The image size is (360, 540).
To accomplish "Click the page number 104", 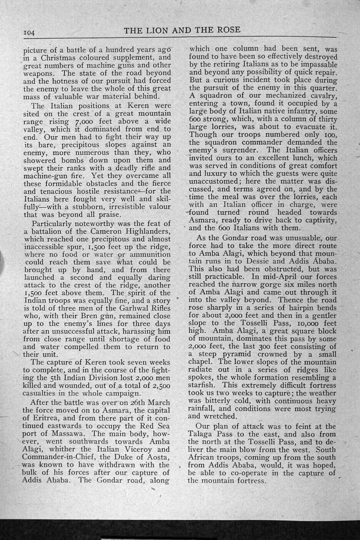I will point(31,33).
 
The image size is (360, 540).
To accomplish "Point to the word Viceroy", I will point(136,450).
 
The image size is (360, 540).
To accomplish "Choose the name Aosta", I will point(159,457).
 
